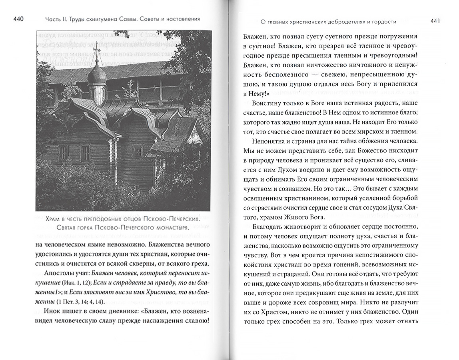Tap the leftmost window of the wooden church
(x=64, y=152)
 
